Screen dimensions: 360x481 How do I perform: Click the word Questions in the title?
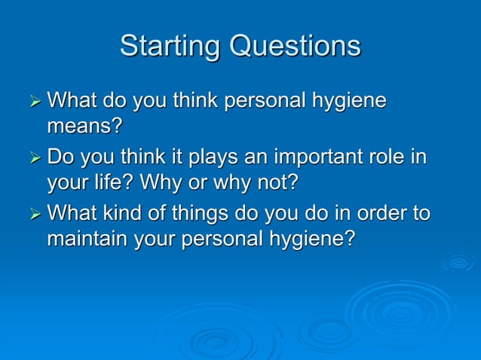(296, 47)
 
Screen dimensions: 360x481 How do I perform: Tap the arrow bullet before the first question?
(33, 100)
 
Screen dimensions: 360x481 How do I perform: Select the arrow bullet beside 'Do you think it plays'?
(33, 158)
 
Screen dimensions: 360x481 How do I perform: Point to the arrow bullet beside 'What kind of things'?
(33, 215)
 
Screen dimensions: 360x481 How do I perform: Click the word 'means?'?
(84, 125)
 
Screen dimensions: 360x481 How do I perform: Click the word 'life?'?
(113, 182)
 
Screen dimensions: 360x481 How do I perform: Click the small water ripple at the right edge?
(458, 262)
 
